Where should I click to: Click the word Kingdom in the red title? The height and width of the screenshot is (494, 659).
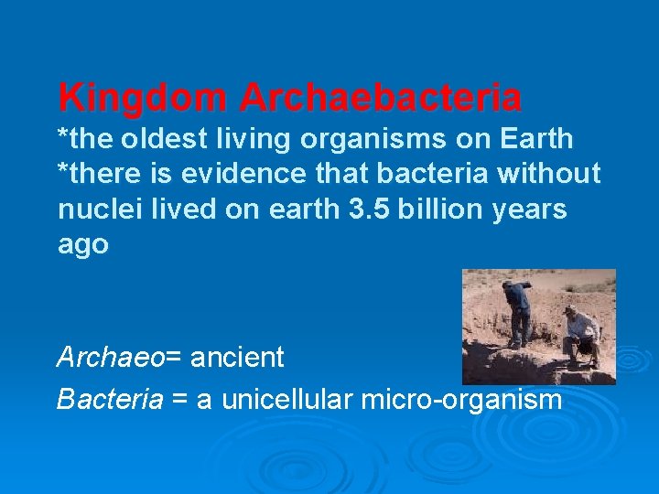click(x=143, y=97)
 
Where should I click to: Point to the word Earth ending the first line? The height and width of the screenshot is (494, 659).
click(x=536, y=139)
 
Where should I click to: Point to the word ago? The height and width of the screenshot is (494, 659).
click(x=83, y=245)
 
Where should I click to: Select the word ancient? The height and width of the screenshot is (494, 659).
click(x=237, y=358)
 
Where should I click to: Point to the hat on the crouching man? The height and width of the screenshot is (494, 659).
click(x=572, y=310)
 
